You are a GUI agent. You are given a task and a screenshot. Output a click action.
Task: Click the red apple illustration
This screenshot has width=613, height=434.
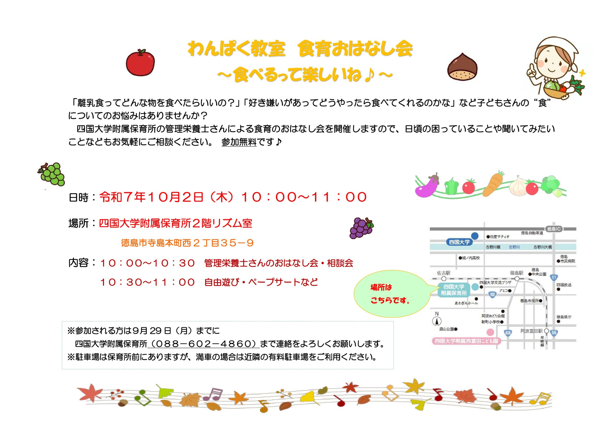(140, 63)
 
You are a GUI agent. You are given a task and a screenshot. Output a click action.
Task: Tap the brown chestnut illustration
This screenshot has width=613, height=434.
(462, 67)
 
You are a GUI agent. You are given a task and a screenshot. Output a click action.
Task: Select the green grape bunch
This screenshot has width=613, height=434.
(51, 174)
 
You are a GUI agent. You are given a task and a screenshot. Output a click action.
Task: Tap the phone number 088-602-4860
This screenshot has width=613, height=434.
(204, 344)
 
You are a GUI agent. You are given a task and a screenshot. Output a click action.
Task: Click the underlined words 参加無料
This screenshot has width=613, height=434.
(239, 142)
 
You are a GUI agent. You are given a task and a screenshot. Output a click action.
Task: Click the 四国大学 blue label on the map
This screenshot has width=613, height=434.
(459, 242)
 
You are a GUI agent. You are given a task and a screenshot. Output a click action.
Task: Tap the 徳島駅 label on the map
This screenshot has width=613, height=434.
(516, 273)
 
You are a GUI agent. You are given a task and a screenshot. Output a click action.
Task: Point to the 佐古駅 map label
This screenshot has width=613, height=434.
(444, 273)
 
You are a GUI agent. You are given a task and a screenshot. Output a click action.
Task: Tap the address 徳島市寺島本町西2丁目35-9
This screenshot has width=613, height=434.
(187, 243)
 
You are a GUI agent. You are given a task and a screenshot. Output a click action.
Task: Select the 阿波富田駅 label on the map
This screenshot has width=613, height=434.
(532, 331)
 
